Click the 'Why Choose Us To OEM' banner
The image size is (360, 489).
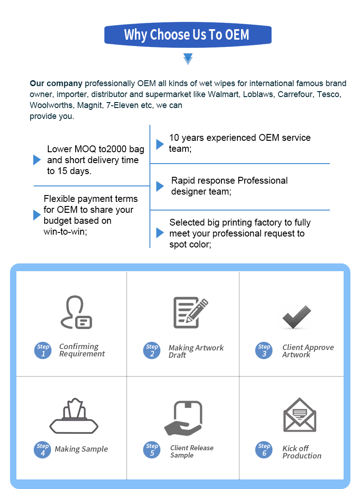point(187,35)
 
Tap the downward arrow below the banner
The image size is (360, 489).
point(188,58)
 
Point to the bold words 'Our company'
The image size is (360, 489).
point(56,83)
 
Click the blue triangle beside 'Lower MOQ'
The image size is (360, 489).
point(37,160)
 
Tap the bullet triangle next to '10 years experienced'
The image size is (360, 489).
point(160,144)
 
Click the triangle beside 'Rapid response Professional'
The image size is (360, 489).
point(160,186)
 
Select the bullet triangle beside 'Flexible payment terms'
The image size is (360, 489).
point(37,215)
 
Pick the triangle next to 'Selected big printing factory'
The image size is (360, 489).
point(160,233)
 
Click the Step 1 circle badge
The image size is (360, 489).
point(43,350)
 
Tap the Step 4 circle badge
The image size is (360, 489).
point(42,449)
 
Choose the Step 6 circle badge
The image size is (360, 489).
point(264,449)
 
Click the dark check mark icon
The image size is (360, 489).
point(296,317)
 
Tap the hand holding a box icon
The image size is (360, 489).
point(183,418)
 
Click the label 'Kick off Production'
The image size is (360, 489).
point(302,452)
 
